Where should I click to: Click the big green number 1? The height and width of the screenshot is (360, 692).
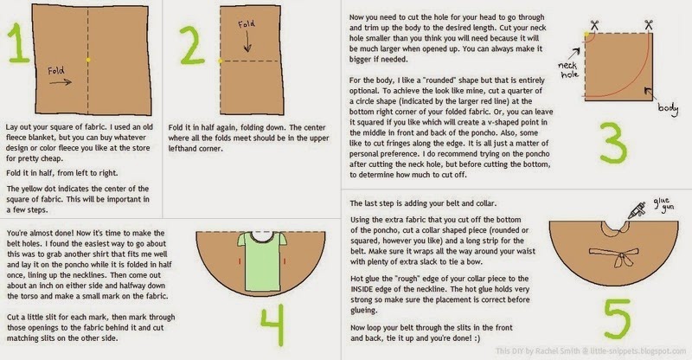[x=18, y=43]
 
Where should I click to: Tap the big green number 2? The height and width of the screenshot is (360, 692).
[x=192, y=47]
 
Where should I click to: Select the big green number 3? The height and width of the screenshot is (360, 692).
[x=613, y=143]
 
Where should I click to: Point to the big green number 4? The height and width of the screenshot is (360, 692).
[x=272, y=325]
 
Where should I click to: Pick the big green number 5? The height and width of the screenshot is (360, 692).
[x=617, y=319]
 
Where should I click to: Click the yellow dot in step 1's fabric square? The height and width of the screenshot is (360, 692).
[x=89, y=60]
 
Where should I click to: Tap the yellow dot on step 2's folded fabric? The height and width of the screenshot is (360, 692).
[x=221, y=61]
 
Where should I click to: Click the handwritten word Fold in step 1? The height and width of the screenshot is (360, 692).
[x=56, y=70]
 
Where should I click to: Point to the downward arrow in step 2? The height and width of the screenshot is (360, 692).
[x=247, y=43]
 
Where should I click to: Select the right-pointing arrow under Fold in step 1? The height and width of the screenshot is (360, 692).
[x=61, y=81]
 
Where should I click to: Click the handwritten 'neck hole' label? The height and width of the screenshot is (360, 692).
[x=567, y=70]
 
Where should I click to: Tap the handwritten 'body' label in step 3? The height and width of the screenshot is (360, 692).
[x=668, y=108]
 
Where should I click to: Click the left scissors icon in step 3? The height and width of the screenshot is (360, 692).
[x=594, y=26]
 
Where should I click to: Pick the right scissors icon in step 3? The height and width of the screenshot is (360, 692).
[x=648, y=25]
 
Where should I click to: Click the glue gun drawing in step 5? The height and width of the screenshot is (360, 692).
[x=637, y=210]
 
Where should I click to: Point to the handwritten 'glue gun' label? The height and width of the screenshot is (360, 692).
[x=663, y=205]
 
